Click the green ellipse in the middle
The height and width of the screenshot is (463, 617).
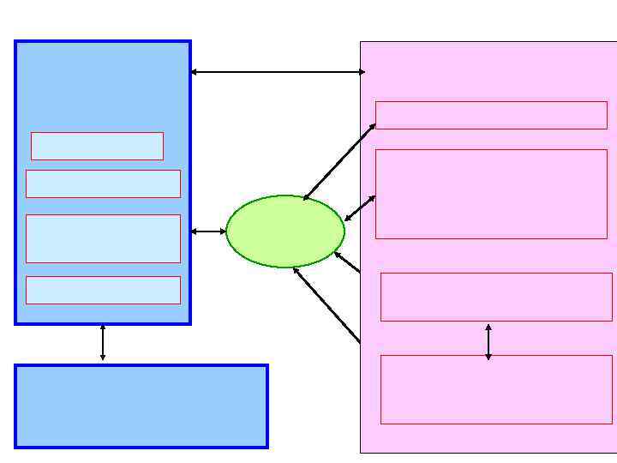coord(285,231)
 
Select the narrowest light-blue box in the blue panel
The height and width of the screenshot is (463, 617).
coord(97,146)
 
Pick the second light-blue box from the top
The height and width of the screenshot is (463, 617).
coord(103,183)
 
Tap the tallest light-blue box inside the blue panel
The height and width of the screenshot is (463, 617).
coord(103,238)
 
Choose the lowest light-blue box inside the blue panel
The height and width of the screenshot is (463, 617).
coord(103,290)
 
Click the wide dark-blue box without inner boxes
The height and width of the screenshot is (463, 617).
coord(141,406)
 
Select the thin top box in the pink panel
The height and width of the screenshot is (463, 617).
coord(491,115)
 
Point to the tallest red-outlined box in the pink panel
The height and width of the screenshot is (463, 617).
coord(491,194)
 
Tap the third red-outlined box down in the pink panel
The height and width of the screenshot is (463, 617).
coord(496,297)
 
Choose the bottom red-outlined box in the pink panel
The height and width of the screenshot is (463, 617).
coord(496,389)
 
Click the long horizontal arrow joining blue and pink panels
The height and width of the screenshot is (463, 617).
coord(276,72)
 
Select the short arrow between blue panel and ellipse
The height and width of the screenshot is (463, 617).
coord(208,231)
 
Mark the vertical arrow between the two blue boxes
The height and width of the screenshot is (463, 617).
coord(103,343)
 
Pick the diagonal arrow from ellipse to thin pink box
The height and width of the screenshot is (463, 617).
coord(338,162)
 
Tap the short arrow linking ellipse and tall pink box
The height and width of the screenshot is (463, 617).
coord(360,208)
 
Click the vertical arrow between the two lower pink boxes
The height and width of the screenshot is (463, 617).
coord(488,342)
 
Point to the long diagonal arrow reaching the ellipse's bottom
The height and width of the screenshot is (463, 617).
coord(326,304)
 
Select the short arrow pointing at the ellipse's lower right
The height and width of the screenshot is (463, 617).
coord(347,262)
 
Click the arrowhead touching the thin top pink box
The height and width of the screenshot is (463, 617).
coord(373,126)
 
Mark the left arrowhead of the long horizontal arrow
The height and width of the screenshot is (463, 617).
coord(195,72)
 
